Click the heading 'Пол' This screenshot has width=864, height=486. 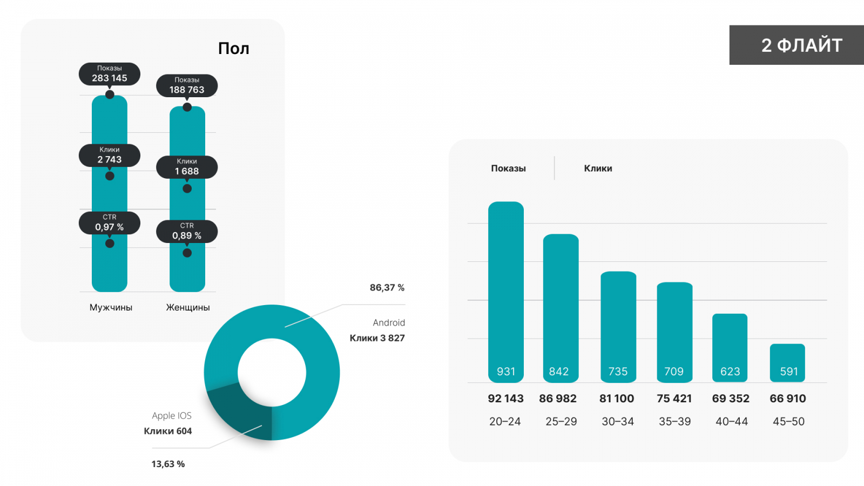233,49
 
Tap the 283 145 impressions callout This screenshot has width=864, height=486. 110,74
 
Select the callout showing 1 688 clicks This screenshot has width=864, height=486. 187,167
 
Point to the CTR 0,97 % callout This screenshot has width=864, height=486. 110,223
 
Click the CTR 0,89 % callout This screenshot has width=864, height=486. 187,232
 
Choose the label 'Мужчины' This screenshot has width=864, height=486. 111,307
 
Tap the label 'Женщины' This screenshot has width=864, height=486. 188,307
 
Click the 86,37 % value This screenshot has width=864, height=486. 387,288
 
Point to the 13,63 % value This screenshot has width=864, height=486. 168,464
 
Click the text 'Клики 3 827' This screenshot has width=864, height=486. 377,338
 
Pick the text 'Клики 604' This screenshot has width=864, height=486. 167,431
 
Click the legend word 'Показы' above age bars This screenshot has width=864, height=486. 508,168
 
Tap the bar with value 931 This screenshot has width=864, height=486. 506,292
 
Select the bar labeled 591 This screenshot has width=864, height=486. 787,363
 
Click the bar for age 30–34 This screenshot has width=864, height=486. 618,327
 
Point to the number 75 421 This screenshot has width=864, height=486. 674,399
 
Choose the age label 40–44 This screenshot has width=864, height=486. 732,422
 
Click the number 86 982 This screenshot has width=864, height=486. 558,399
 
